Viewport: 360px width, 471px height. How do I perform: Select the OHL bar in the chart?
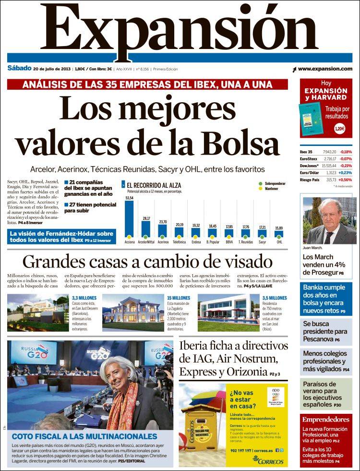[279, 234]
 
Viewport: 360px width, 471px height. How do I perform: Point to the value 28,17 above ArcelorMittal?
[146, 218]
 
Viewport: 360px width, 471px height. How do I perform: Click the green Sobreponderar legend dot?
[261, 183]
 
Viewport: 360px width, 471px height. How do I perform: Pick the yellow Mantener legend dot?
[261, 189]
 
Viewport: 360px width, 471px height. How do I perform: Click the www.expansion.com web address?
[325, 69]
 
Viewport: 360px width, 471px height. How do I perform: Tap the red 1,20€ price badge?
[339, 129]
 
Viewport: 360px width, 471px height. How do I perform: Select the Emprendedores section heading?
[326, 419]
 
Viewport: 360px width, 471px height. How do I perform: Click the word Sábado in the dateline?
[20, 68]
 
